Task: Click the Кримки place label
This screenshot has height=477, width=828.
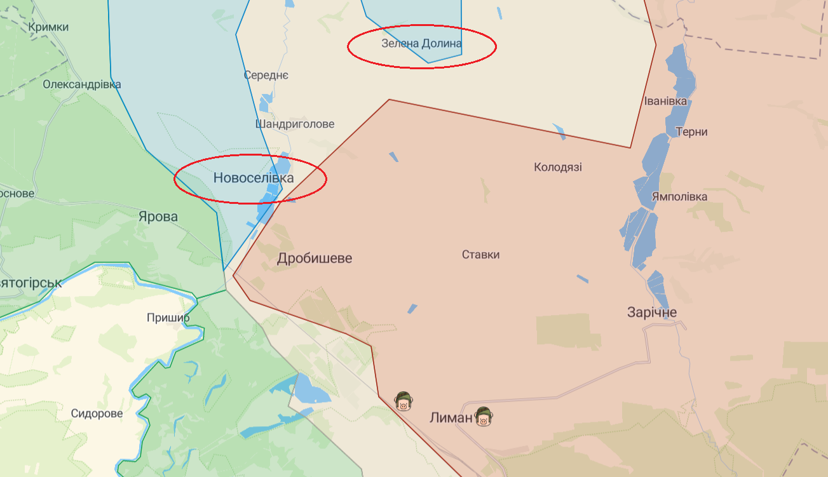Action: pyautogui.click(x=48, y=27)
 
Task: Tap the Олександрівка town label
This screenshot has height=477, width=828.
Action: pyautogui.click(x=81, y=84)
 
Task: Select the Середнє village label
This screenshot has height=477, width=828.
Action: pyautogui.click(x=266, y=75)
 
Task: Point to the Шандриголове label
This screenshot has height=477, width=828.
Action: pyautogui.click(x=295, y=124)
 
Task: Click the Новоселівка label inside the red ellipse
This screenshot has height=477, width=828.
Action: pyautogui.click(x=254, y=178)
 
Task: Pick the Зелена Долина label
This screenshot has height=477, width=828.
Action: pyautogui.click(x=421, y=44)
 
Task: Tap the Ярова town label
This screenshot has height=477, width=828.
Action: pyautogui.click(x=158, y=217)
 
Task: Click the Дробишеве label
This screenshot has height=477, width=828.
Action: pyautogui.click(x=315, y=259)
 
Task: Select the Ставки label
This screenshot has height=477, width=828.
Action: pyautogui.click(x=480, y=255)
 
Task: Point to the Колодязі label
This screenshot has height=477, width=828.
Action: pyautogui.click(x=558, y=168)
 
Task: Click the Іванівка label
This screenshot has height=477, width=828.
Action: pyautogui.click(x=665, y=102)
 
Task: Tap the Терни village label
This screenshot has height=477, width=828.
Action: pyautogui.click(x=692, y=132)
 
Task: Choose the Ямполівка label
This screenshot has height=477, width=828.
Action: pyautogui.click(x=679, y=197)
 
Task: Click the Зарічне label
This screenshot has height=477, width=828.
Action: pyautogui.click(x=652, y=312)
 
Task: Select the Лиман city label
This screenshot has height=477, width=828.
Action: pyautogui.click(x=451, y=418)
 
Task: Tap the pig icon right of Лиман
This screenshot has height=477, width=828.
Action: pyautogui.click(x=484, y=417)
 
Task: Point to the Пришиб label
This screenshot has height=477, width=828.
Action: pyautogui.click(x=168, y=318)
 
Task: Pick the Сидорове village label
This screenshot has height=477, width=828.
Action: pyautogui.click(x=97, y=413)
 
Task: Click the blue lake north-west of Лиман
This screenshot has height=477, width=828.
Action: pyautogui.click(x=311, y=391)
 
